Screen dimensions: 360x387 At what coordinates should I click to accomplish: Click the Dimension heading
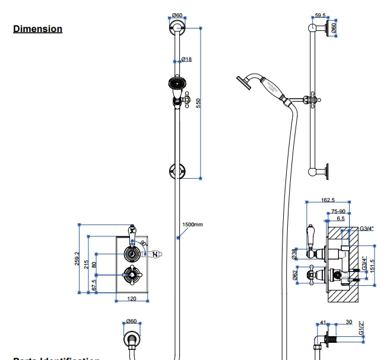37,29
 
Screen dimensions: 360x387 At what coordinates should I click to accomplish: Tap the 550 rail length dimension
207,102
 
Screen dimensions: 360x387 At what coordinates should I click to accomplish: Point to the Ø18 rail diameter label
186,59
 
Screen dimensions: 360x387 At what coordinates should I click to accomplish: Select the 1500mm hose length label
192,224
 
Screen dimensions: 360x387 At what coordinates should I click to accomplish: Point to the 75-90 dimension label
339,211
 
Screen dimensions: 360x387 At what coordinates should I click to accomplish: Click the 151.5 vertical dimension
373,266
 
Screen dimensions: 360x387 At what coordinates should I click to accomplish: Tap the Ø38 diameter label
295,252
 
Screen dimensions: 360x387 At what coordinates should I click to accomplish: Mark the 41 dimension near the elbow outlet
323,323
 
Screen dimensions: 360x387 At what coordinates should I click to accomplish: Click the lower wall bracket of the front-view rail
177,170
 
